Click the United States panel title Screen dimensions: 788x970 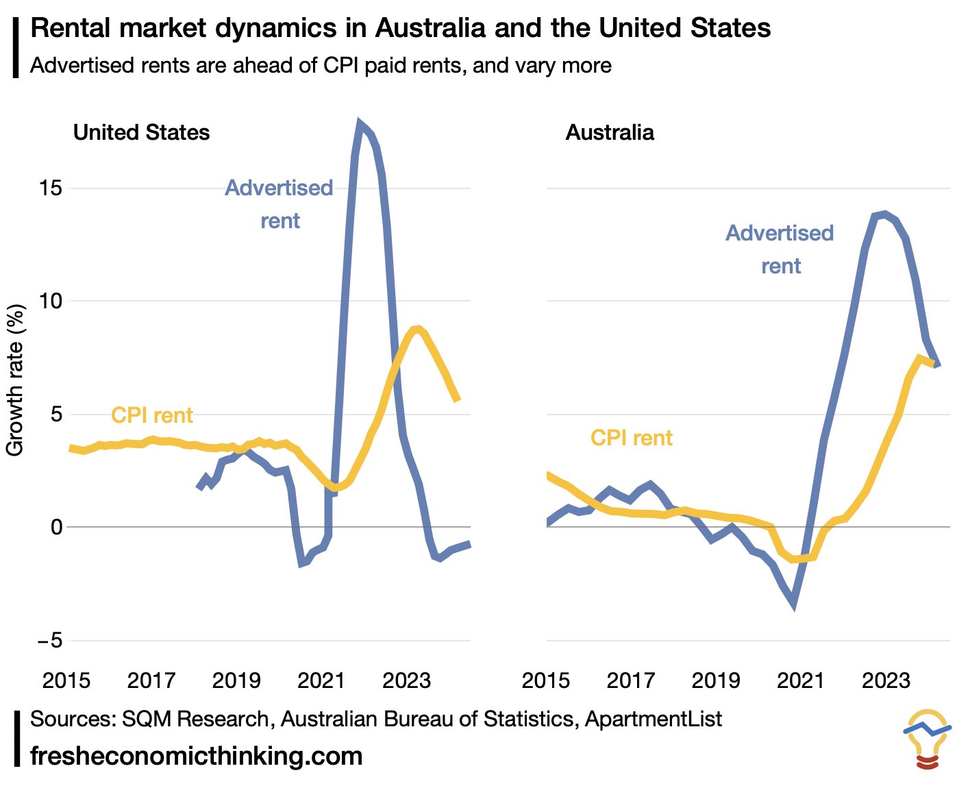(x=141, y=132)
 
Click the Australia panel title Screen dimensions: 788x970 (x=610, y=132)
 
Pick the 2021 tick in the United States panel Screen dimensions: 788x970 (x=321, y=680)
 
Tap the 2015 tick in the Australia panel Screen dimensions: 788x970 (x=546, y=680)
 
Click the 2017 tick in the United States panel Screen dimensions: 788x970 (x=151, y=680)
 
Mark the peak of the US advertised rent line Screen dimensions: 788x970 (x=359, y=123)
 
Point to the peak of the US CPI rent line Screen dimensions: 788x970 (x=416, y=329)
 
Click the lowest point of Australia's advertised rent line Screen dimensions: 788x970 (x=794, y=605)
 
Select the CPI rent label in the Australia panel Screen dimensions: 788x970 (x=632, y=438)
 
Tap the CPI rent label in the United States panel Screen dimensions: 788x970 (x=152, y=415)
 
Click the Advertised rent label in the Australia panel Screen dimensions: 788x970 (x=780, y=249)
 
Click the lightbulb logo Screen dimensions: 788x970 (x=928, y=739)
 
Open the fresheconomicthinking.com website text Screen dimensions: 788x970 (x=197, y=756)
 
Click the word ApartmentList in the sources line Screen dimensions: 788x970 (x=654, y=719)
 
